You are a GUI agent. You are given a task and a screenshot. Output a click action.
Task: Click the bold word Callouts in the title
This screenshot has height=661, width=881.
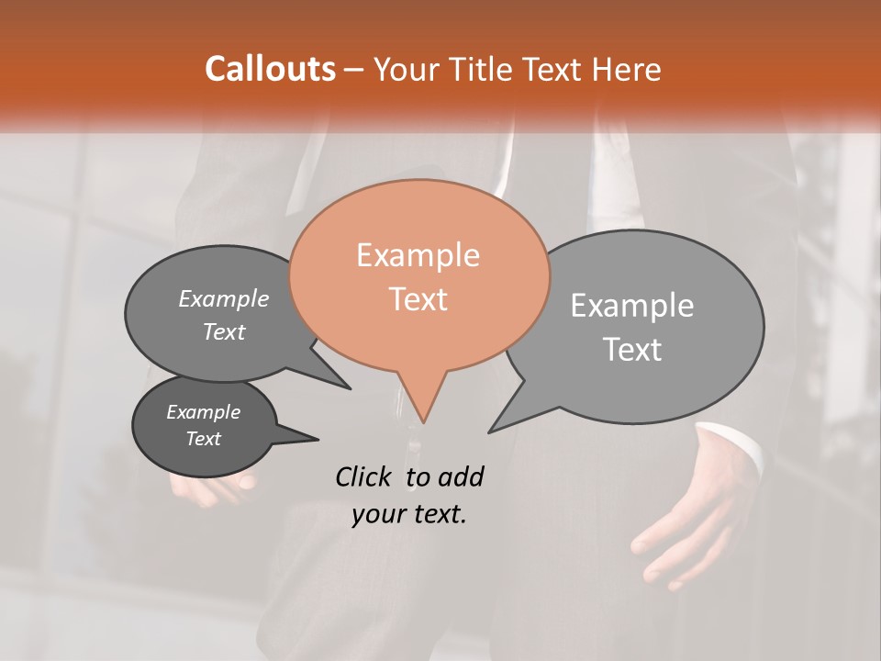point(270,70)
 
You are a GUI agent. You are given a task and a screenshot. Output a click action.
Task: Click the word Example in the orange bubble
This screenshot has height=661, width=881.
point(418,255)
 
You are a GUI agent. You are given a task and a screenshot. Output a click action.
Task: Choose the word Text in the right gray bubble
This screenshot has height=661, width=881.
point(632,350)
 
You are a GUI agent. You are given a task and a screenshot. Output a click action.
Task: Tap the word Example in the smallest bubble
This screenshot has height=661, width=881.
point(203,412)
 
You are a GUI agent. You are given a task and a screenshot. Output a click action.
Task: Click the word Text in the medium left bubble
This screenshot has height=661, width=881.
point(224,332)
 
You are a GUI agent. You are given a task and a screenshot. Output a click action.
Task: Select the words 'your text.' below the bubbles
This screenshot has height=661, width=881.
point(408,514)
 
